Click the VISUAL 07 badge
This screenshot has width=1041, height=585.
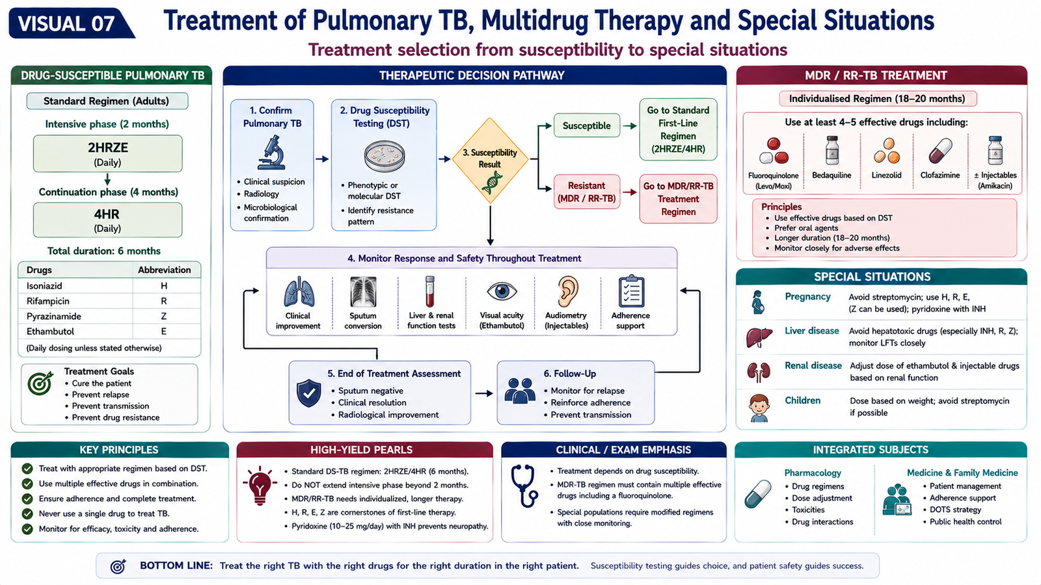[x=70, y=23]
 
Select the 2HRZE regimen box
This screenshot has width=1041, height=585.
[x=107, y=153]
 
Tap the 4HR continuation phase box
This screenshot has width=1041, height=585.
[x=107, y=220]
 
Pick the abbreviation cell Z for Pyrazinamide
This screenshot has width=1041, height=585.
[x=163, y=316]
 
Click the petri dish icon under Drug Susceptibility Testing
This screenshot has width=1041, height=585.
[x=385, y=157]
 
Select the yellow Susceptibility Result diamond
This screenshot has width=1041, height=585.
[x=490, y=160]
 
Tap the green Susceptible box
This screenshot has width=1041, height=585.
[x=586, y=125]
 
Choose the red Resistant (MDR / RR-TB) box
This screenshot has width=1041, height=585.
[x=586, y=192]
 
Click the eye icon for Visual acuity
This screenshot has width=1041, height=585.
[x=502, y=292]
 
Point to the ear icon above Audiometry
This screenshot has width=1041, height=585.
[x=567, y=292]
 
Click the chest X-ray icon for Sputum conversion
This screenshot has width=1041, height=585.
[x=363, y=292]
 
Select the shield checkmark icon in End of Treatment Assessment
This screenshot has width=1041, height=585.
[x=308, y=393]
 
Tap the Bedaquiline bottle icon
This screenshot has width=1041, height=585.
[x=832, y=150]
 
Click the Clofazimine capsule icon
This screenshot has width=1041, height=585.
[x=940, y=151]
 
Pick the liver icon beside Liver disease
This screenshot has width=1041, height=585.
[x=759, y=337]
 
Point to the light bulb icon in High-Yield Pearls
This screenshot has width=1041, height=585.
[x=260, y=486]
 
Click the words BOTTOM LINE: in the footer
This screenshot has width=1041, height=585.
[x=176, y=566]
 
